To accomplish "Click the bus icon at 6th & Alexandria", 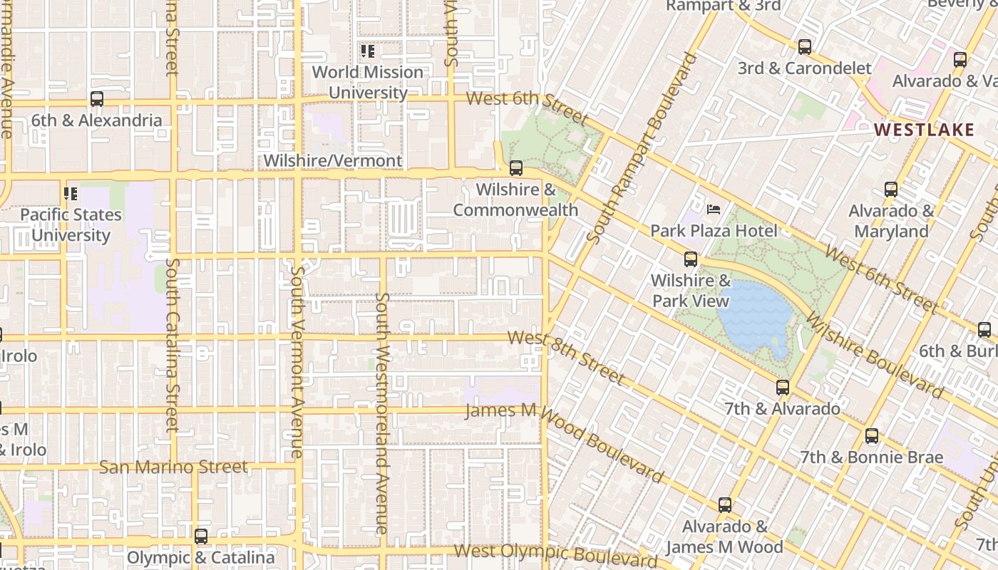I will click(97, 100).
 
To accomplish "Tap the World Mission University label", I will click(368, 82).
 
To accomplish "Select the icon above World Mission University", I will click(368, 51).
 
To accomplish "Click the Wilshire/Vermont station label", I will click(333, 161).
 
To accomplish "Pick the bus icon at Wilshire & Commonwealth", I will click(516, 169).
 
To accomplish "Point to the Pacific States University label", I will click(71, 224).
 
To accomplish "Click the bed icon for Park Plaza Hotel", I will click(714, 209).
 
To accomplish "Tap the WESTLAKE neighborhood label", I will click(924, 130).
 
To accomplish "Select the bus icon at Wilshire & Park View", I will click(691, 259).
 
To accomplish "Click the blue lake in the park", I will click(756, 313).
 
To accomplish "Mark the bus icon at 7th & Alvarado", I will click(783, 388).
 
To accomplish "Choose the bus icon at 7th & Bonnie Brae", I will click(872, 436).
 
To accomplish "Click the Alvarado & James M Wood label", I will click(724, 537).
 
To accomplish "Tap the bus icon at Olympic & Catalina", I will click(201, 537).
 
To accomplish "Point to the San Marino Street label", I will click(173, 467).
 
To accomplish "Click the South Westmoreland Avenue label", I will click(382, 413).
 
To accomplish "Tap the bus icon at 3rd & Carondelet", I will click(805, 48).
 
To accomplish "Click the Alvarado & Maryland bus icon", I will click(891, 190).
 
